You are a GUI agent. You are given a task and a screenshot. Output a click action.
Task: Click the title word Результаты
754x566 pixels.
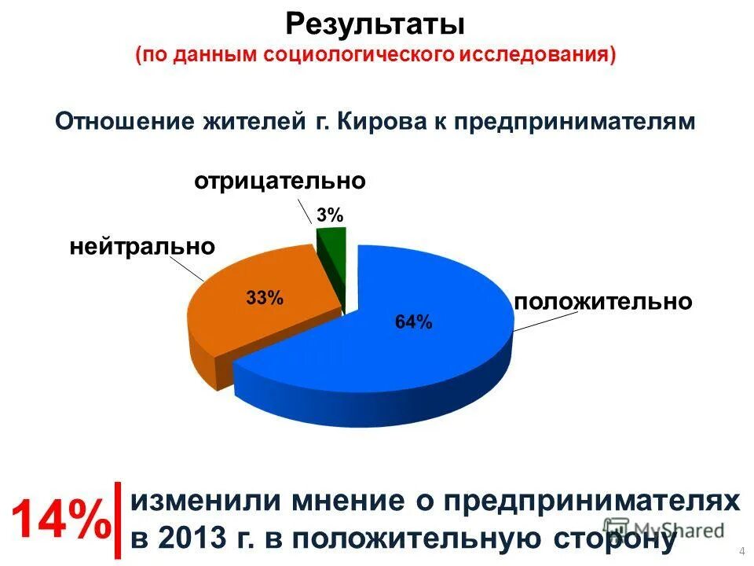(x=375, y=24)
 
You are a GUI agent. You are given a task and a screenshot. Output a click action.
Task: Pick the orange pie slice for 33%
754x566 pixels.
(x=251, y=314)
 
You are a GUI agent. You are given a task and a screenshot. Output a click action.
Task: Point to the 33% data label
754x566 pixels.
(x=264, y=298)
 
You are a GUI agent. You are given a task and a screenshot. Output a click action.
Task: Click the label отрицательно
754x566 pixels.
(x=280, y=181)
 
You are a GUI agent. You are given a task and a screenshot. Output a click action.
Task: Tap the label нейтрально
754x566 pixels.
(x=142, y=247)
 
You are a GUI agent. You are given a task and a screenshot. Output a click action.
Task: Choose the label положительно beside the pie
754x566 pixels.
(x=602, y=302)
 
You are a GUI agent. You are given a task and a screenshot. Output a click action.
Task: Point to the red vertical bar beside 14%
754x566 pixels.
(x=117, y=520)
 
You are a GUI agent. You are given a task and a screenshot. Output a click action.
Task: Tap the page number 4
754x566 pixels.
(x=742, y=549)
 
